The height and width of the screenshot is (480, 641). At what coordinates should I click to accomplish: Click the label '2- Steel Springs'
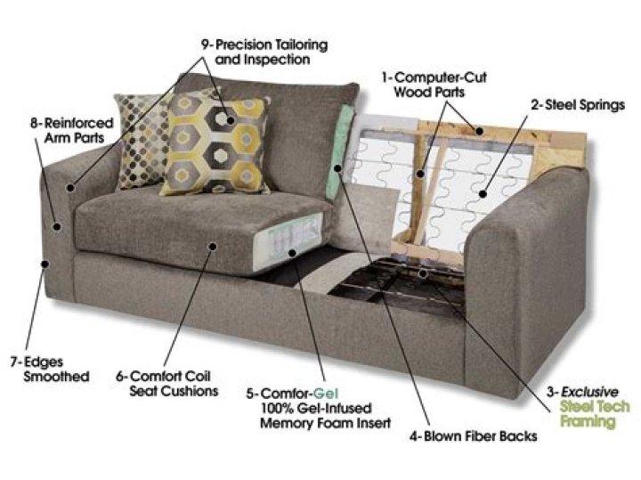(x=578, y=105)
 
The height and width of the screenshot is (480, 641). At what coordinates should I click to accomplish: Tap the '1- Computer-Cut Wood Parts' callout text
(x=434, y=85)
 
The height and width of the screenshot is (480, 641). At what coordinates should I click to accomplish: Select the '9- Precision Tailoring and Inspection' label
(x=264, y=52)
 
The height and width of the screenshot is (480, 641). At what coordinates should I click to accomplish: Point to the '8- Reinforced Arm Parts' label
(x=72, y=130)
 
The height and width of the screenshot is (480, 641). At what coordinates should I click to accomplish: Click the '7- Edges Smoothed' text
(x=50, y=369)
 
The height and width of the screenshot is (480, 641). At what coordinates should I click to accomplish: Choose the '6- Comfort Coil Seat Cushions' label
(x=167, y=384)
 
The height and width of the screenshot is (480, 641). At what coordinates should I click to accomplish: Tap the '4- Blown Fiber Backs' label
(x=473, y=436)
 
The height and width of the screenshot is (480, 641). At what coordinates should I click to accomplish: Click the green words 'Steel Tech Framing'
(x=595, y=414)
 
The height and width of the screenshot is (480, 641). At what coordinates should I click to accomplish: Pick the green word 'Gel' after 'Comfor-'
(x=326, y=394)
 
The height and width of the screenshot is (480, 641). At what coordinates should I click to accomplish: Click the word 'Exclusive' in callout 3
(x=589, y=392)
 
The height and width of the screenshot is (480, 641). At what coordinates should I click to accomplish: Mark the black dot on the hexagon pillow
(x=231, y=120)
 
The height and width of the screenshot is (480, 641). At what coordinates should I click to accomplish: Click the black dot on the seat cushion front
(x=212, y=246)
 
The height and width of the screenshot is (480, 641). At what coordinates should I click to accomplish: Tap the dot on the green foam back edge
(x=337, y=167)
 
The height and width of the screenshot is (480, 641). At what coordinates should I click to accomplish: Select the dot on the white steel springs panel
(x=483, y=194)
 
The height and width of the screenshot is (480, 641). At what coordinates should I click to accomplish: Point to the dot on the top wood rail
(x=479, y=131)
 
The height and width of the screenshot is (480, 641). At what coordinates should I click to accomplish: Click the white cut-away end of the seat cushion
(x=293, y=242)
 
